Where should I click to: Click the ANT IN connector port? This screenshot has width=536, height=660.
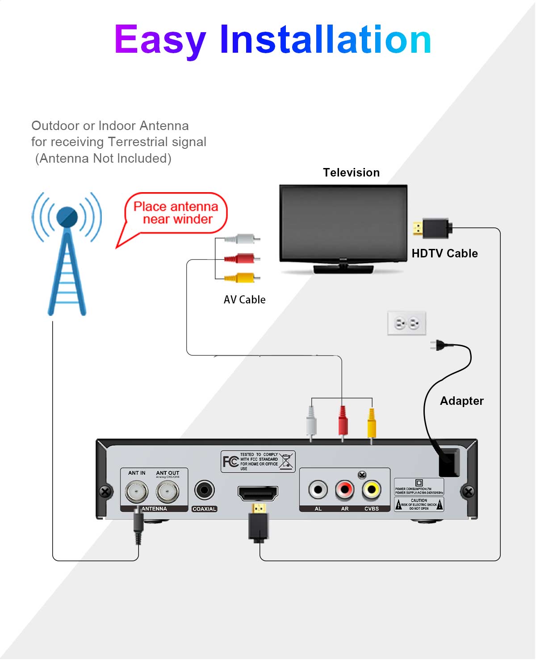(x=136, y=492)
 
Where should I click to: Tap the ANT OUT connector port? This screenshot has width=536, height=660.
(x=167, y=492)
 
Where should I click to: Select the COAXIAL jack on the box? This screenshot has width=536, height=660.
(x=205, y=490)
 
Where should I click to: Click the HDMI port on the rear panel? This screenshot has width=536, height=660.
(x=258, y=493)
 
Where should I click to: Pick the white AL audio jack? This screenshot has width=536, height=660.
(x=318, y=490)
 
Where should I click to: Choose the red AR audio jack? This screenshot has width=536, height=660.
(x=345, y=490)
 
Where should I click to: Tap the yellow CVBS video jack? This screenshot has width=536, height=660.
(x=372, y=490)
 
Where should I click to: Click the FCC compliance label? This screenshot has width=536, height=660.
(x=258, y=461)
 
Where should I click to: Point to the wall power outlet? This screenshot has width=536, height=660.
(x=406, y=323)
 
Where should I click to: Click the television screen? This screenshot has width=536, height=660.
(x=343, y=222)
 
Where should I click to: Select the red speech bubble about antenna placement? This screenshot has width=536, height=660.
(x=176, y=213)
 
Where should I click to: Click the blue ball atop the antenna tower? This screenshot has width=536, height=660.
(x=67, y=217)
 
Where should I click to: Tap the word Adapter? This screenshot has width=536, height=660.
(x=461, y=401)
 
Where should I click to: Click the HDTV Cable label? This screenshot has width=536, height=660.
(x=444, y=253)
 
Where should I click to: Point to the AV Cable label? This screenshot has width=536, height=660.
(x=244, y=300)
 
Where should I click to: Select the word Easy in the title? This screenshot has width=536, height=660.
(x=160, y=40)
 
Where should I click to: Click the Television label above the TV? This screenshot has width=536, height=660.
(x=351, y=172)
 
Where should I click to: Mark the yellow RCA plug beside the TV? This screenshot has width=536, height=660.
(x=241, y=278)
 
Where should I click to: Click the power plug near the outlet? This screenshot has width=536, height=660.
(x=440, y=345)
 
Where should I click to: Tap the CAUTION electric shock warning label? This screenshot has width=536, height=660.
(x=419, y=504)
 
